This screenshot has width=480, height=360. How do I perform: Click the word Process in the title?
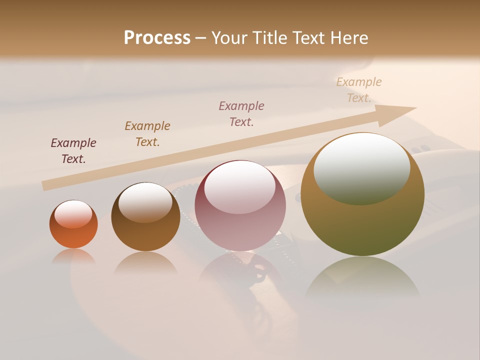[157, 38]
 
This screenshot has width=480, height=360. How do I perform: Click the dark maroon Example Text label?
[73, 151]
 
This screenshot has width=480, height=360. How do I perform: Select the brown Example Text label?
[147, 134]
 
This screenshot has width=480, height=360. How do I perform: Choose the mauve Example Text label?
[241, 113]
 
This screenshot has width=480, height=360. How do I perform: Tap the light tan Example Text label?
[359, 90]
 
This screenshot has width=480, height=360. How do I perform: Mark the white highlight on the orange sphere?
[73, 213]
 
